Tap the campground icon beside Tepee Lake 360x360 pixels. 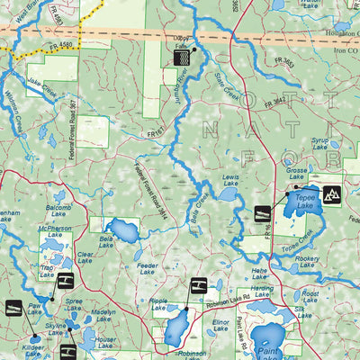[x=331, y=194]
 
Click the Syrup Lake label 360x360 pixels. [x=320, y=143]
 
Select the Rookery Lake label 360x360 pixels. [x=308, y=261]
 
